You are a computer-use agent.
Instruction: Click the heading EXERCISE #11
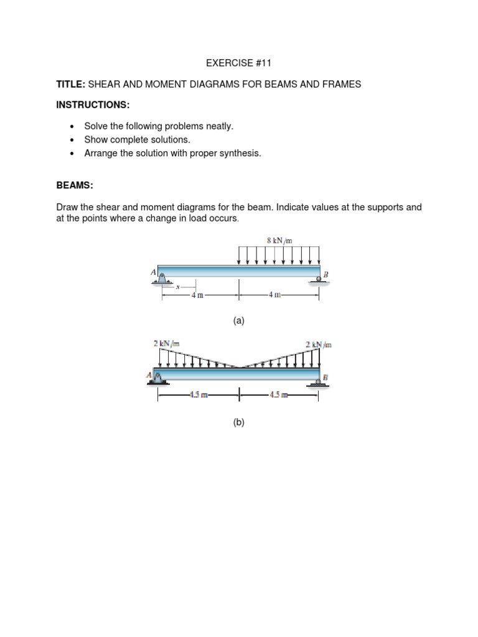pyautogui.click(x=239, y=63)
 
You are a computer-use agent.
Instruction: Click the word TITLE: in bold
pyautogui.click(x=70, y=84)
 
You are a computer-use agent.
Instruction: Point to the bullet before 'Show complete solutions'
pyautogui.click(x=72, y=140)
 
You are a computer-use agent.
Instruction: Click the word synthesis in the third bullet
pyautogui.click(x=240, y=153)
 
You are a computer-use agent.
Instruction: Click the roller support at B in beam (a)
pyautogui.click(x=319, y=281)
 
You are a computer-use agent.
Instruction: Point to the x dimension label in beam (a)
pyautogui.click(x=177, y=287)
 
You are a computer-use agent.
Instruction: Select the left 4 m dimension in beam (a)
pyautogui.click(x=197, y=295)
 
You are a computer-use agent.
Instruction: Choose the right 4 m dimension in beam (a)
pyautogui.click(x=274, y=295)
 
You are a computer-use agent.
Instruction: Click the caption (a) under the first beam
pyautogui.click(x=239, y=321)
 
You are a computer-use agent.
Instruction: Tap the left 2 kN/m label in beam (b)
pyautogui.click(x=166, y=343)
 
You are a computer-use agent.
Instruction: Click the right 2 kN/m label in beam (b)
pyautogui.click(x=319, y=343)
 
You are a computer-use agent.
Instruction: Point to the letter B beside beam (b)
pyautogui.click(x=326, y=377)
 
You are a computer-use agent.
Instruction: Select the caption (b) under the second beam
pyautogui.click(x=239, y=422)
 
